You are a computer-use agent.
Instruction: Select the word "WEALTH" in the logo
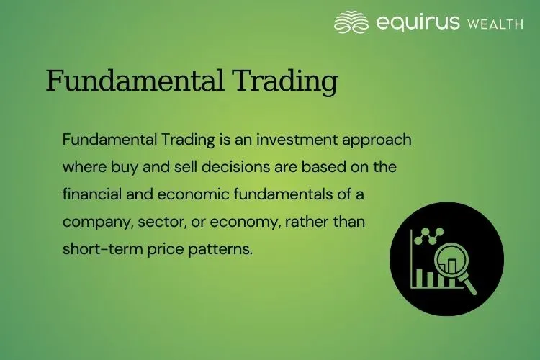click(495, 24)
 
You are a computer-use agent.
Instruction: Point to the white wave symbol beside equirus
click(352, 22)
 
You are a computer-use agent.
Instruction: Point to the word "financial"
click(91, 194)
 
